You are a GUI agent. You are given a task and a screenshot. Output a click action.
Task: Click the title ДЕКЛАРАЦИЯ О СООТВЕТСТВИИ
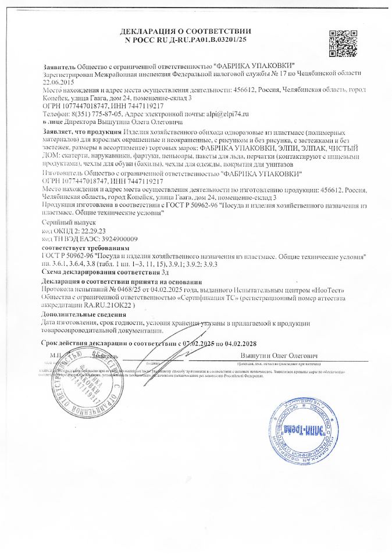click(186, 30)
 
